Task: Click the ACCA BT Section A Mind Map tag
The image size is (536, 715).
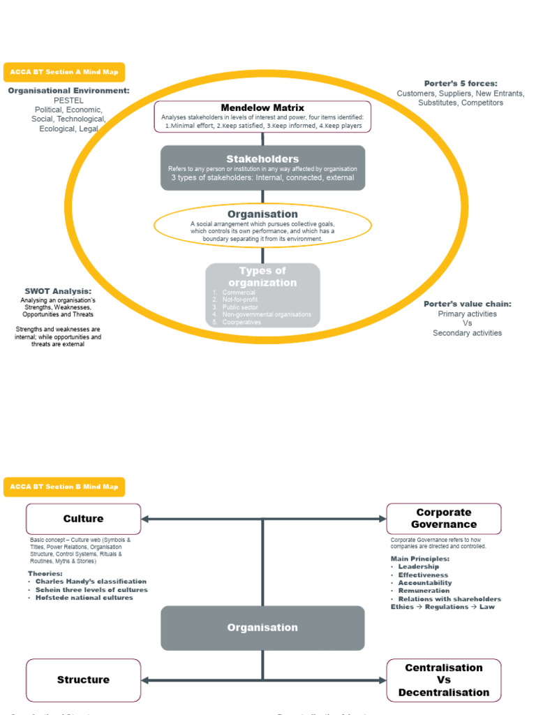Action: click(x=64, y=72)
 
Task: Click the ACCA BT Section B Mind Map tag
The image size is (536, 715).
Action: click(x=64, y=487)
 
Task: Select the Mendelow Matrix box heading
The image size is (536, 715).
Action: click(x=262, y=108)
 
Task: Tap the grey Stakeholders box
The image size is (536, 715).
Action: click(x=262, y=168)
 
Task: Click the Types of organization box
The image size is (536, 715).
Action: click(x=262, y=295)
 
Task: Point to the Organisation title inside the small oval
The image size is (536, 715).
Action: click(x=262, y=214)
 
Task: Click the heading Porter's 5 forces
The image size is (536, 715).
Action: click(x=461, y=83)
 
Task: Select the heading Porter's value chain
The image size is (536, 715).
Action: click(x=468, y=304)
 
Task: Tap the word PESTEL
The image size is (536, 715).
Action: click(x=68, y=101)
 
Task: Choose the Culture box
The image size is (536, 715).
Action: click(x=83, y=519)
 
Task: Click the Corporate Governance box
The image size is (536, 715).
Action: click(x=444, y=519)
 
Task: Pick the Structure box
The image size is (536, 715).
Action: click(x=83, y=680)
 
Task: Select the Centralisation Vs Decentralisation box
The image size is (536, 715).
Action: click(x=444, y=680)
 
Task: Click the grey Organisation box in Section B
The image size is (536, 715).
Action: click(x=262, y=628)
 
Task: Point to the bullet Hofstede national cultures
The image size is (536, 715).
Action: click(x=84, y=598)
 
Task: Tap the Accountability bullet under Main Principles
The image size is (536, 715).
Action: click(x=424, y=583)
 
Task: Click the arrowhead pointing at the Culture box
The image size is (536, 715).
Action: click(x=145, y=519)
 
